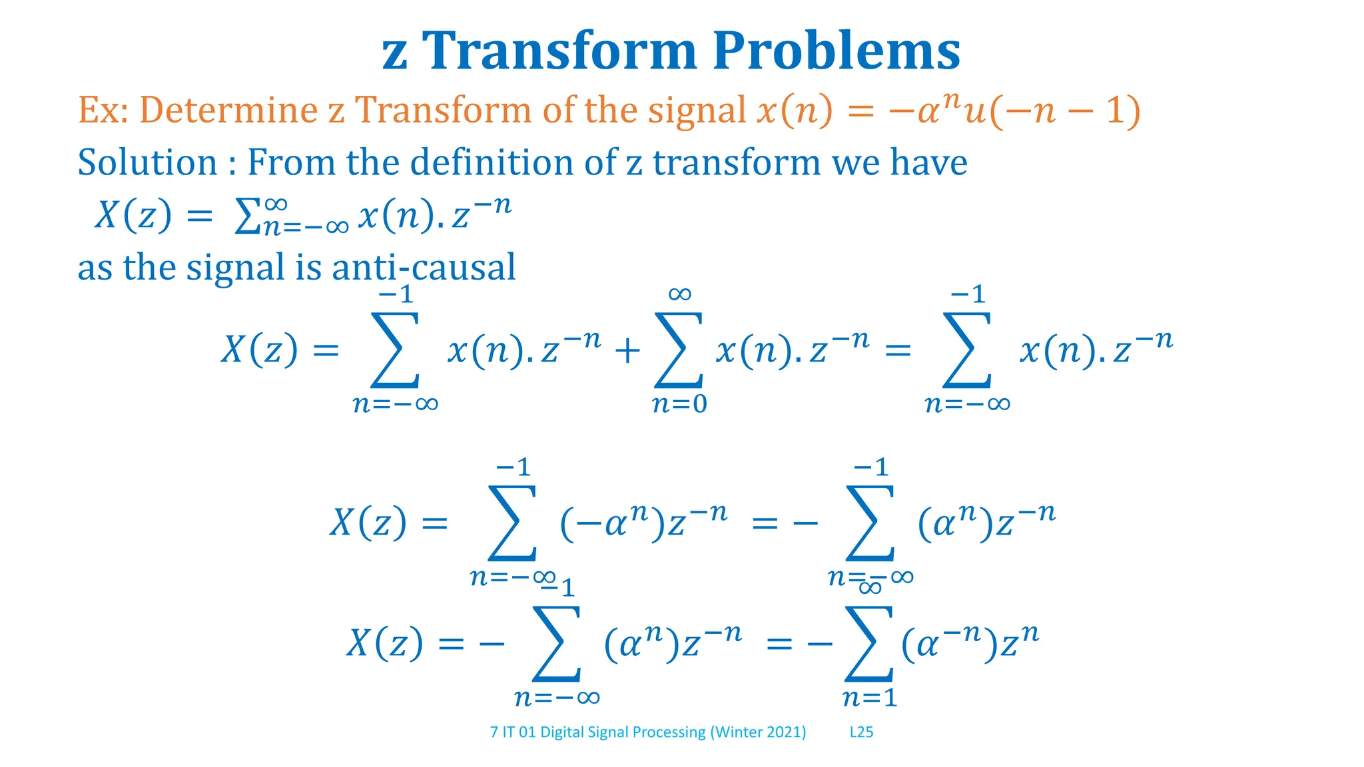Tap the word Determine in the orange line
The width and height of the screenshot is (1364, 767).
point(228,110)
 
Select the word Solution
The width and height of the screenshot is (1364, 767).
point(147,162)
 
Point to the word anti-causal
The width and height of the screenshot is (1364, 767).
point(424,268)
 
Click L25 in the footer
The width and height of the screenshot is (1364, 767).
point(861,732)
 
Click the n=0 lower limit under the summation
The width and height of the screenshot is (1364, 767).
point(679,404)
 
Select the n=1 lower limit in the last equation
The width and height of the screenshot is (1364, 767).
point(870,698)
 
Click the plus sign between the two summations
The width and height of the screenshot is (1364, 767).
point(627,351)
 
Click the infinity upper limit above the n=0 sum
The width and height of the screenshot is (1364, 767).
point(679,294)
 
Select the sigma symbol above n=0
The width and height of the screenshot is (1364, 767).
point(679,350)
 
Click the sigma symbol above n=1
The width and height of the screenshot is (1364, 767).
point(868,643)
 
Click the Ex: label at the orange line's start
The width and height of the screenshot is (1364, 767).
point(103,110)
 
